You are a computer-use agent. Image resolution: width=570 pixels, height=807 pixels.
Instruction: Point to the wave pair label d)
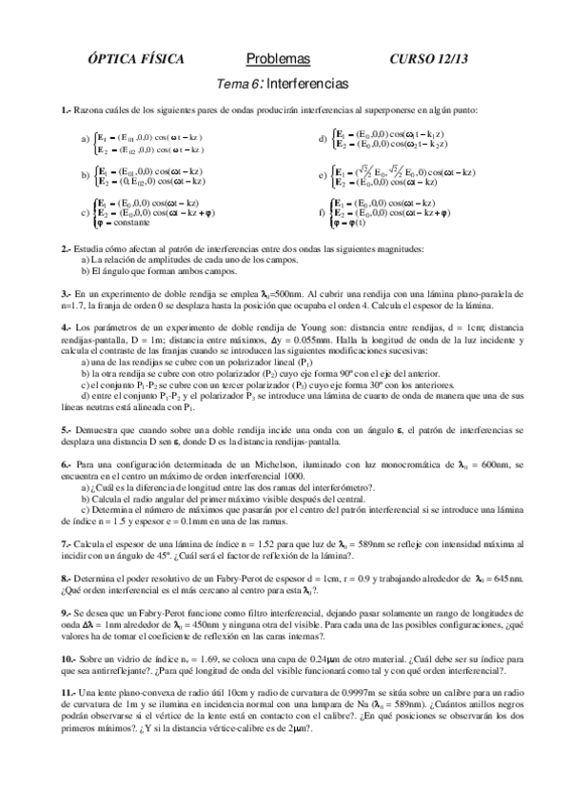click(x=323, y=140)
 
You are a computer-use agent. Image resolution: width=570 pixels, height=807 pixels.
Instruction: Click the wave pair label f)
click(x=323, y=213)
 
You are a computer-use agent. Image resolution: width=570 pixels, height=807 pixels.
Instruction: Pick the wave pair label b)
click(x=86, y=175)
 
